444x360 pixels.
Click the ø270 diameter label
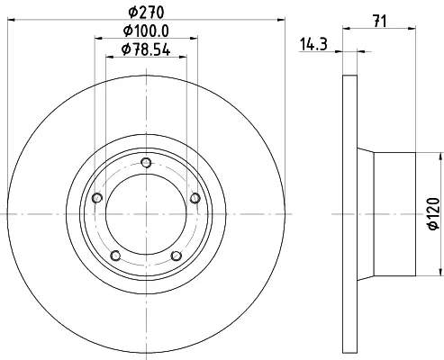(146, 13)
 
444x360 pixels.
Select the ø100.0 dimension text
(146, 31)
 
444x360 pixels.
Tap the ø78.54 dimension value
(146, 49)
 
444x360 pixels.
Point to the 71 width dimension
(379, 22)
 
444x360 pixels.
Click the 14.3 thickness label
(313, 44)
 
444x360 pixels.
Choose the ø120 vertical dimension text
(434, 213)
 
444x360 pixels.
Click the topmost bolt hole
(146, 163)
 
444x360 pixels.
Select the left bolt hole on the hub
(97, 198)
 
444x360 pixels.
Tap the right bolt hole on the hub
(195, 198)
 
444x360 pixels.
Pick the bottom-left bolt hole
(115, 256)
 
